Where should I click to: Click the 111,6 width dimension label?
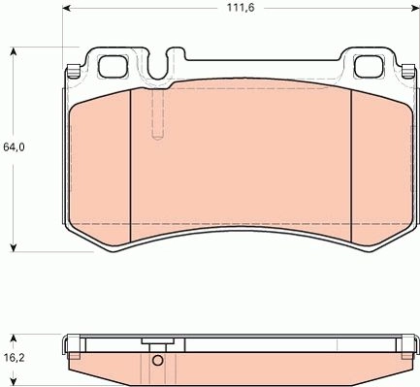click(x=241, y=8)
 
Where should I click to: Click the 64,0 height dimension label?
click(x=14, y=147)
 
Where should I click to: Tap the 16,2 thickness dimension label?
click(x=15, y=358)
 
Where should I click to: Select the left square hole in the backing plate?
click(x=113, y=67)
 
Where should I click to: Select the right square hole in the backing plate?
click(x=369, y=67)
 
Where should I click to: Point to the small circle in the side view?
click(x=158, y=360)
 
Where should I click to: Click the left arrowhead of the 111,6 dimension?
click(x=66, y=8)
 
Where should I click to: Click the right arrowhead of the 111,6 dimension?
click(x=415, y=8)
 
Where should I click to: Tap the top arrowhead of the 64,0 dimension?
click(x=14, y=51)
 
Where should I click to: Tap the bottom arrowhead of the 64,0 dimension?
click(x=14, y=247)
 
